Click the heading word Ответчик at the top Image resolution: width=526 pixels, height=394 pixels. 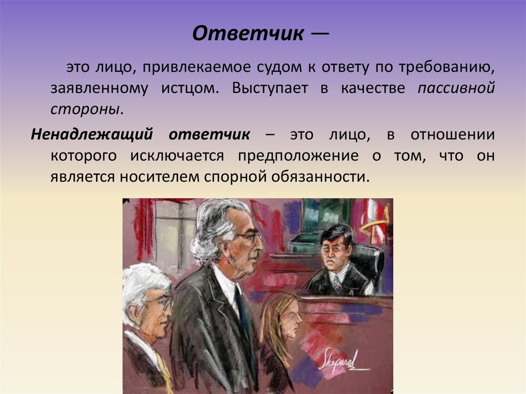tap(248, 34)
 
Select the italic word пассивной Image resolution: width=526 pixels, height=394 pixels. tap(456, 88)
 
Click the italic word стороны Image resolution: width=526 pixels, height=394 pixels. tap(86, 109)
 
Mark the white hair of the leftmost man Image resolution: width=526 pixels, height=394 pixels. tap(141, 280)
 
